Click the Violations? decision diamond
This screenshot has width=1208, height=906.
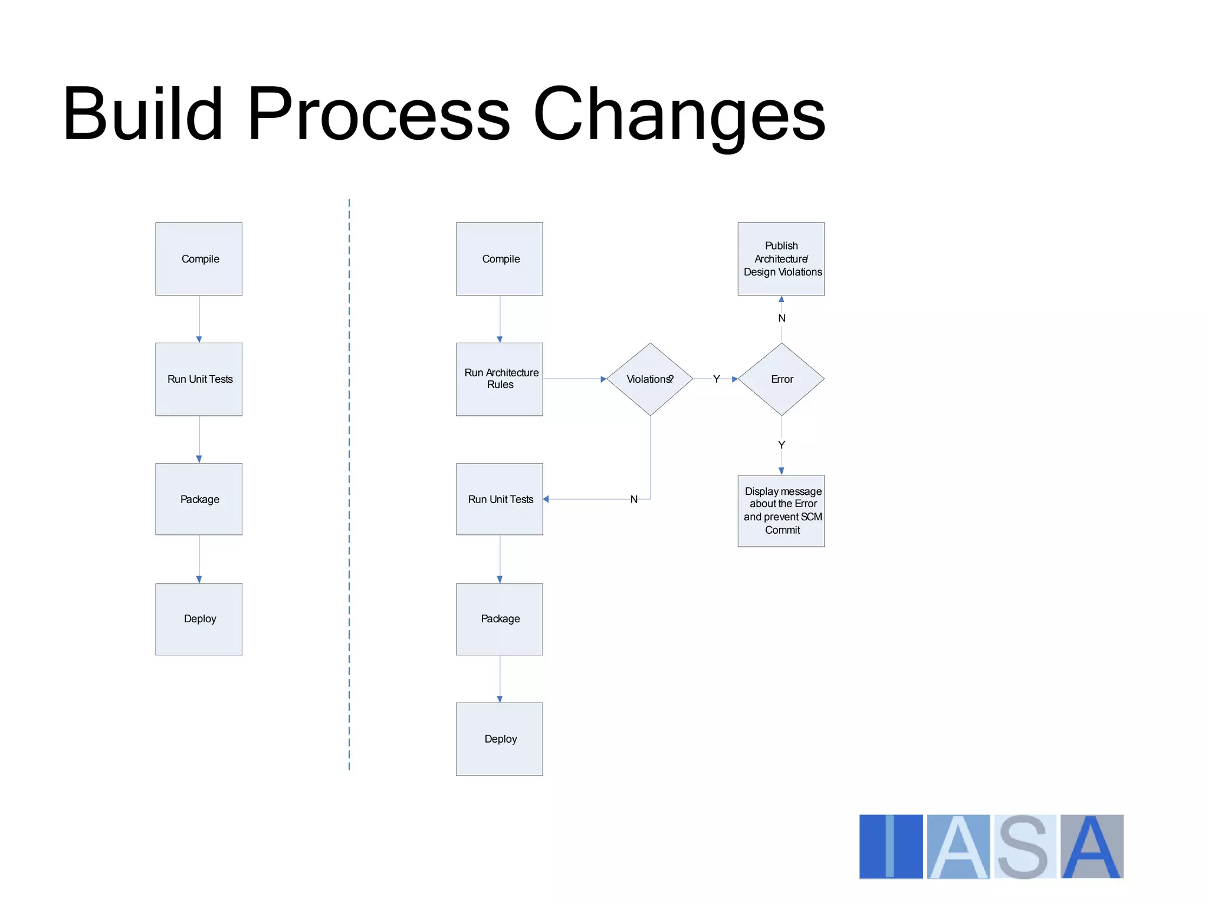point(650,379)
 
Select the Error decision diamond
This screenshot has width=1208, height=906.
point(781,379)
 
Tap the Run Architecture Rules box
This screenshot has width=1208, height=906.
point(500,379)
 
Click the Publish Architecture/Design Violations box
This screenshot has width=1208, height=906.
point(781,259)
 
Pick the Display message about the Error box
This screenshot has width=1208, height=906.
point(781,511)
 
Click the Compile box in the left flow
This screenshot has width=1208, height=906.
point(199,259)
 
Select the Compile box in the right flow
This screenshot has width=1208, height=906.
point(500,259)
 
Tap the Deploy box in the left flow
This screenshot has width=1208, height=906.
point(199,619)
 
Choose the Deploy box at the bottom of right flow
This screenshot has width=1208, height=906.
point(500,739)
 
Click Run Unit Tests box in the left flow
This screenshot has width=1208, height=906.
point(199,379)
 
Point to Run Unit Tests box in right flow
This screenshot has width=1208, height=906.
point(500,499)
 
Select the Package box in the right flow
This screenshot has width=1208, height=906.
point(500,619)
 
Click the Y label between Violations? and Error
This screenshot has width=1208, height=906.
point(716,379)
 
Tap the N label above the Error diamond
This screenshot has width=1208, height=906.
point(782,319)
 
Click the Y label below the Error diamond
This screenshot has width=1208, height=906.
point(782,445)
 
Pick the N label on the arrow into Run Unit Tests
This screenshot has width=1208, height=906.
point(634,500)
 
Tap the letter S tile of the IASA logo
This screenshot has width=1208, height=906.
point(1025,847)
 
